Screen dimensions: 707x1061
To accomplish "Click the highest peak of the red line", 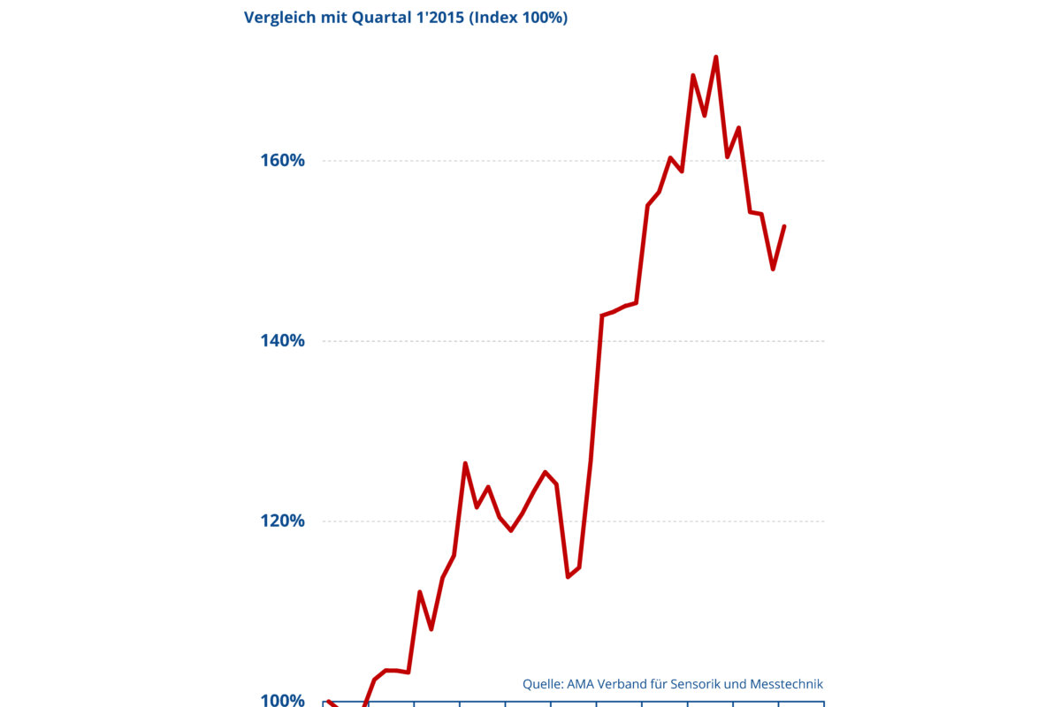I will [715, 57].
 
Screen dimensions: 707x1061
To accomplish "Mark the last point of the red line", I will [784, 226].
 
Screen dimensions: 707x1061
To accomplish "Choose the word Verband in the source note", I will [630, 683].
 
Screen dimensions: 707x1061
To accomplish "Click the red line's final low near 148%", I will [773, 269].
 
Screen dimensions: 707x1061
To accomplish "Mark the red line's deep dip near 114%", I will [568, 576].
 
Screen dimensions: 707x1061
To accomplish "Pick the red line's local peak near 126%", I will [465, 463].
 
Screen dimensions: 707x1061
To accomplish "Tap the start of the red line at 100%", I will [328, 701].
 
